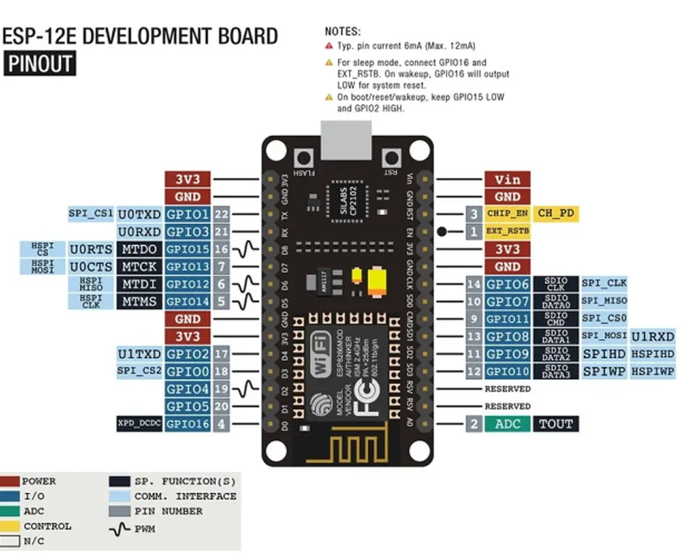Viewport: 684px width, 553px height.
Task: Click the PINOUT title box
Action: pyautogui.click(x=39, y=65)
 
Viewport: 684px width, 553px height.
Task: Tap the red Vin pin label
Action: pyautogui.click(x=507, y=179)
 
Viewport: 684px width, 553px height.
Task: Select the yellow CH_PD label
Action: pyautogui.click(x=556, y=214)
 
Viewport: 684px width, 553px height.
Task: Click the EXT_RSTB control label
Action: pyautogui.click(x=507, y=231)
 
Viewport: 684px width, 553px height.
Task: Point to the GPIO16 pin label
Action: pyautogui.click(x=187, y=424)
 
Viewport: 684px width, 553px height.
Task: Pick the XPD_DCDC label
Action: pyautogui.click(x=139, y=424)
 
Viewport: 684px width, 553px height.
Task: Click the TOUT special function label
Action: pyautogui.click(x=555, y=424)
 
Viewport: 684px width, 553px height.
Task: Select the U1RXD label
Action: pyautogui.click(x=653, y=336)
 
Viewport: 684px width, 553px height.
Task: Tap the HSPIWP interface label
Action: pyautogui.click(x=653, y=371)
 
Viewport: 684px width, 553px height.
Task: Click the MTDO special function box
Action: pyautogui.click(x=139, y=249)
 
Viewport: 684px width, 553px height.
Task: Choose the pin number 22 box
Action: pyautogui.click(x=221, y=214)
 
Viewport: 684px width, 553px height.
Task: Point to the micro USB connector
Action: pyautogui.click(x=348, y=140)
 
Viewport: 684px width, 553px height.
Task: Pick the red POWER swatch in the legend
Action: pyautogui.click(x=10, y=481)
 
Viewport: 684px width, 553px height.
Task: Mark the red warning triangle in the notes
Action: pyautogui.click(x=329, y=46)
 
